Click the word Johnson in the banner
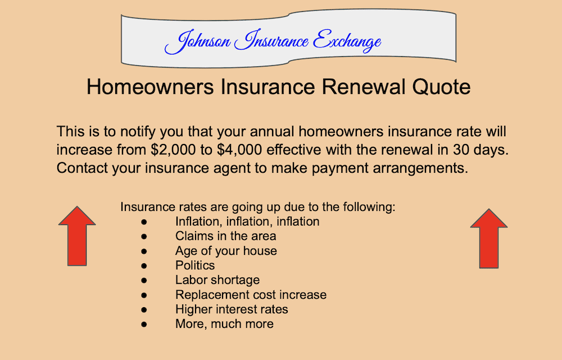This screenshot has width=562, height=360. (197, 41)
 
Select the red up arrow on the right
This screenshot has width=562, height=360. (488, 238)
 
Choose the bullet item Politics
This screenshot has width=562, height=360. (194, 265)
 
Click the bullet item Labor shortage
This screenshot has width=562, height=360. (217, 280)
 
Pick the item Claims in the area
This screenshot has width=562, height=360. (225, 236)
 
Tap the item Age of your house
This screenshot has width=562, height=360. (226, 250)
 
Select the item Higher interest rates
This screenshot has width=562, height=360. (232, 309)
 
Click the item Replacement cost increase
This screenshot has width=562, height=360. (251, 294)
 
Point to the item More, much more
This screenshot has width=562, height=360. (224, 323)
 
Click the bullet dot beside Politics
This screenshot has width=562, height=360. (144, 265)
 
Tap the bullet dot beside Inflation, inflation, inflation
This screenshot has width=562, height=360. (144, 222)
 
